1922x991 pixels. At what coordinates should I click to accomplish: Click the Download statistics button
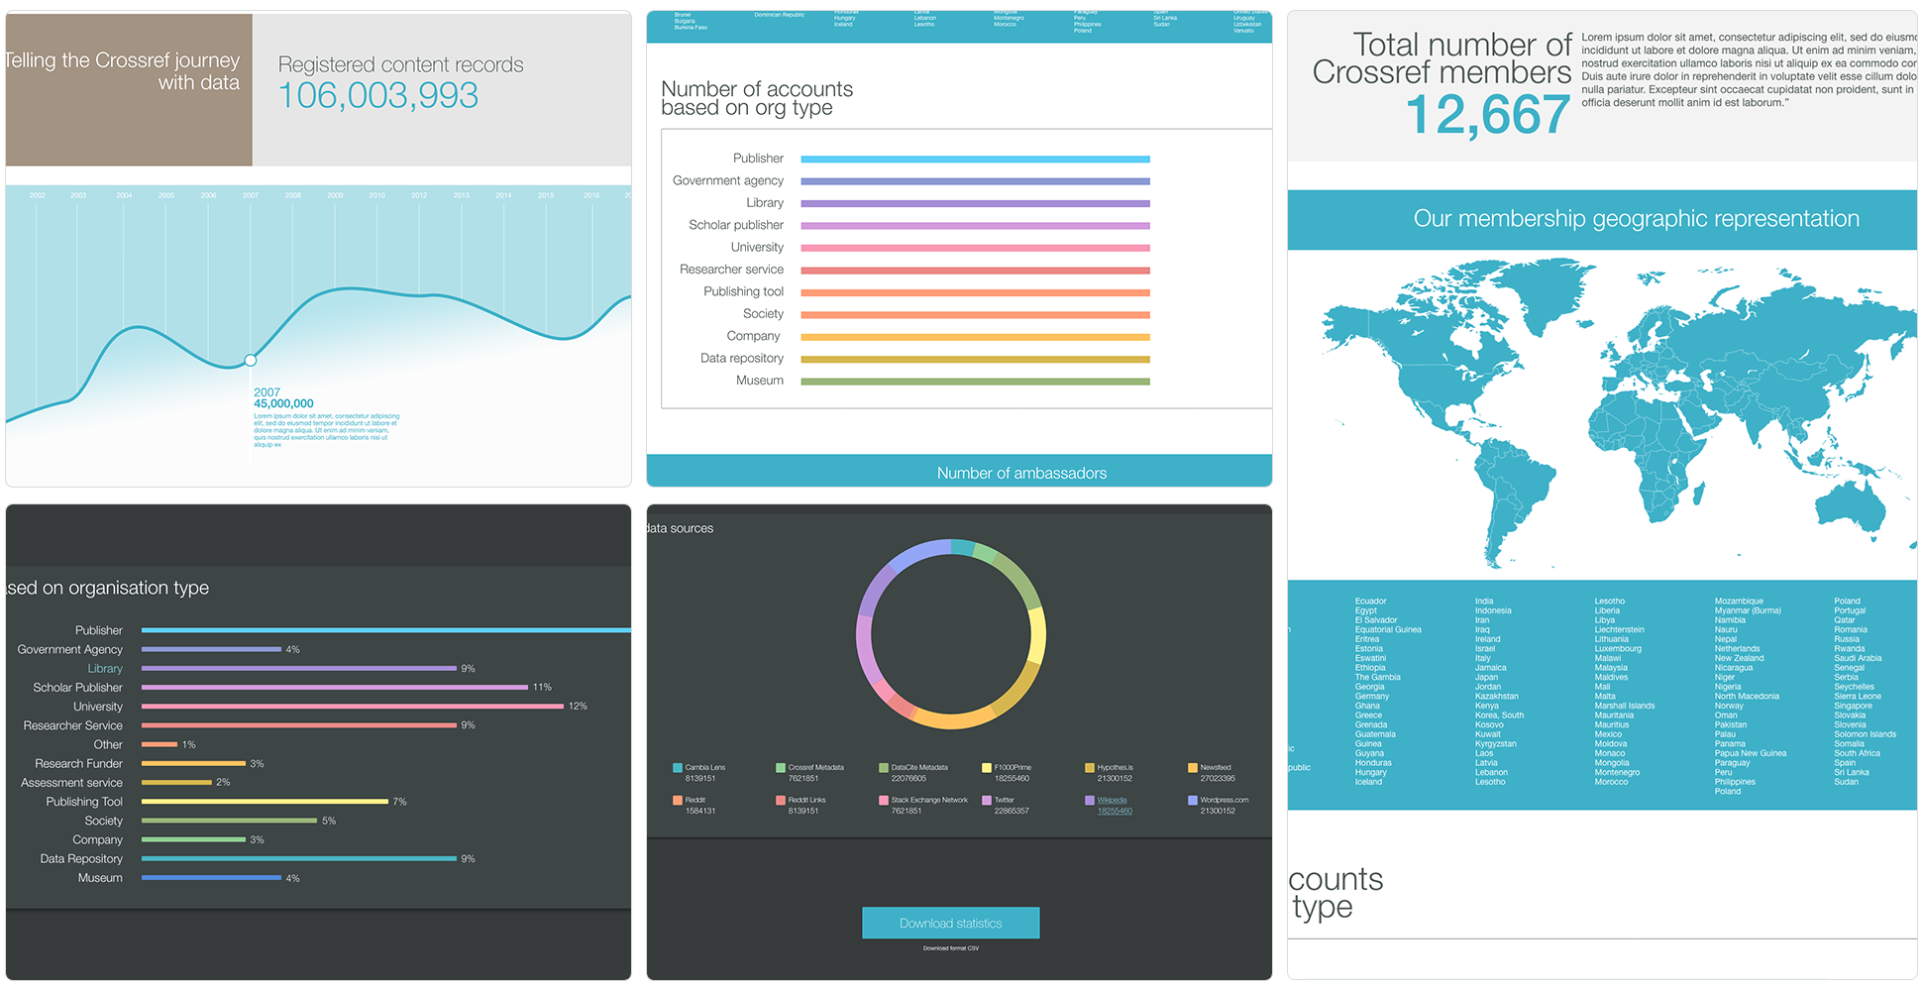[x=950, y=923]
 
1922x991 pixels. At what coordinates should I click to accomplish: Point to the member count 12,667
[x=1487, y=115]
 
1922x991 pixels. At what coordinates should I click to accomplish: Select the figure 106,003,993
[x=378, y=96]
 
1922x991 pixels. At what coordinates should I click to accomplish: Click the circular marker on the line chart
[x=251, y=360]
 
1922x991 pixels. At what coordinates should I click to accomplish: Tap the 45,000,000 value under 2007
[x=283, y=404]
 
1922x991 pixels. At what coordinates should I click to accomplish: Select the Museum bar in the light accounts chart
[x=975, y=382]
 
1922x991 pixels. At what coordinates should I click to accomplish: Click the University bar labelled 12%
[x=352, y=707]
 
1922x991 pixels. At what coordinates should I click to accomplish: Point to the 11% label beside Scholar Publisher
[x=542, y=687]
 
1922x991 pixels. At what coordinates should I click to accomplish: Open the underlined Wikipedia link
[x=1112, y=800]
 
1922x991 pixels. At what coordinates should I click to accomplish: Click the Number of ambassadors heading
[x=1021, y=474]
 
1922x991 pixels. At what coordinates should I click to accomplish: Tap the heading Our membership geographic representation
[x=1636, y=219]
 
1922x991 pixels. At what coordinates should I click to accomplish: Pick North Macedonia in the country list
[x=1747, y=697]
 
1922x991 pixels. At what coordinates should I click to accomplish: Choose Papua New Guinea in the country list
[x=1751, y=753]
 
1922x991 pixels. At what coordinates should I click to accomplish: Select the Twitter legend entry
[x=1004, y=800]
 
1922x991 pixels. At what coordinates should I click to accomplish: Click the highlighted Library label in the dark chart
[x=105, y=669]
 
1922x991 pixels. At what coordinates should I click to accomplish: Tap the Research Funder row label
[x=78, y=764]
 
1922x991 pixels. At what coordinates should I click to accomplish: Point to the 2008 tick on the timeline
[x=293, y=195]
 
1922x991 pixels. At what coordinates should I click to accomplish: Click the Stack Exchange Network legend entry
[x=928, y=800]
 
